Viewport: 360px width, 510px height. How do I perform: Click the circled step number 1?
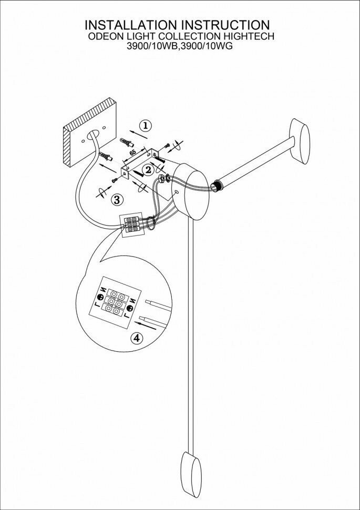[x=146, y=125]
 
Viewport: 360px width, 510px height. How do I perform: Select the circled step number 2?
[x=149, y=169]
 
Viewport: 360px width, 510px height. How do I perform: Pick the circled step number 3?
[x=117, y=199]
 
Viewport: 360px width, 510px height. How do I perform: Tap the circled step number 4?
[x=137, y=338]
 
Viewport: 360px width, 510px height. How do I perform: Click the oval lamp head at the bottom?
[x=191, y=473]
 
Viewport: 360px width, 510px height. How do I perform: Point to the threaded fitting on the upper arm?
[x=215, y=185]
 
